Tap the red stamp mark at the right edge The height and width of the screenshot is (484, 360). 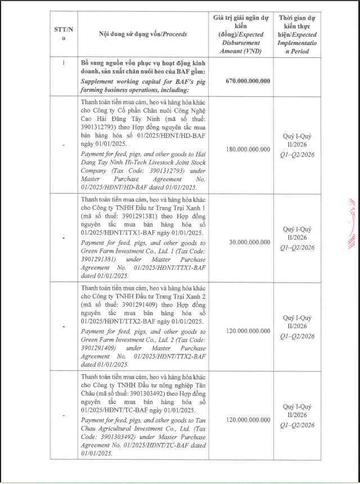(x=353, y=225)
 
